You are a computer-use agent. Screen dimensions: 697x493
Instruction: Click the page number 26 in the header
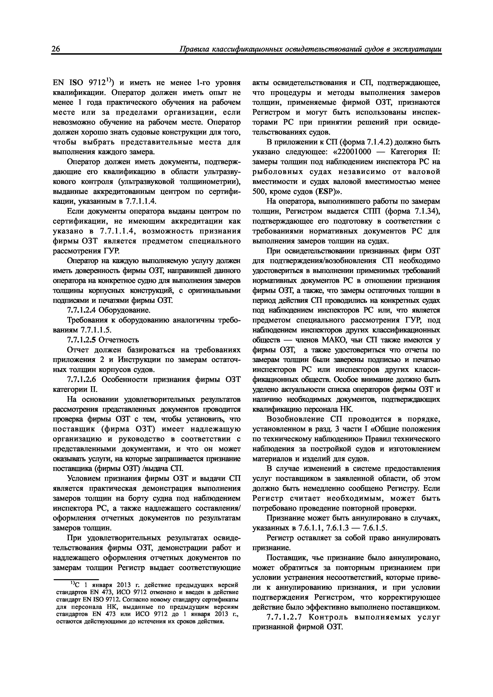coord(56,49)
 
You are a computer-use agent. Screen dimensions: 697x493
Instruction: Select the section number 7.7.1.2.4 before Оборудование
coord(81,310)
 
